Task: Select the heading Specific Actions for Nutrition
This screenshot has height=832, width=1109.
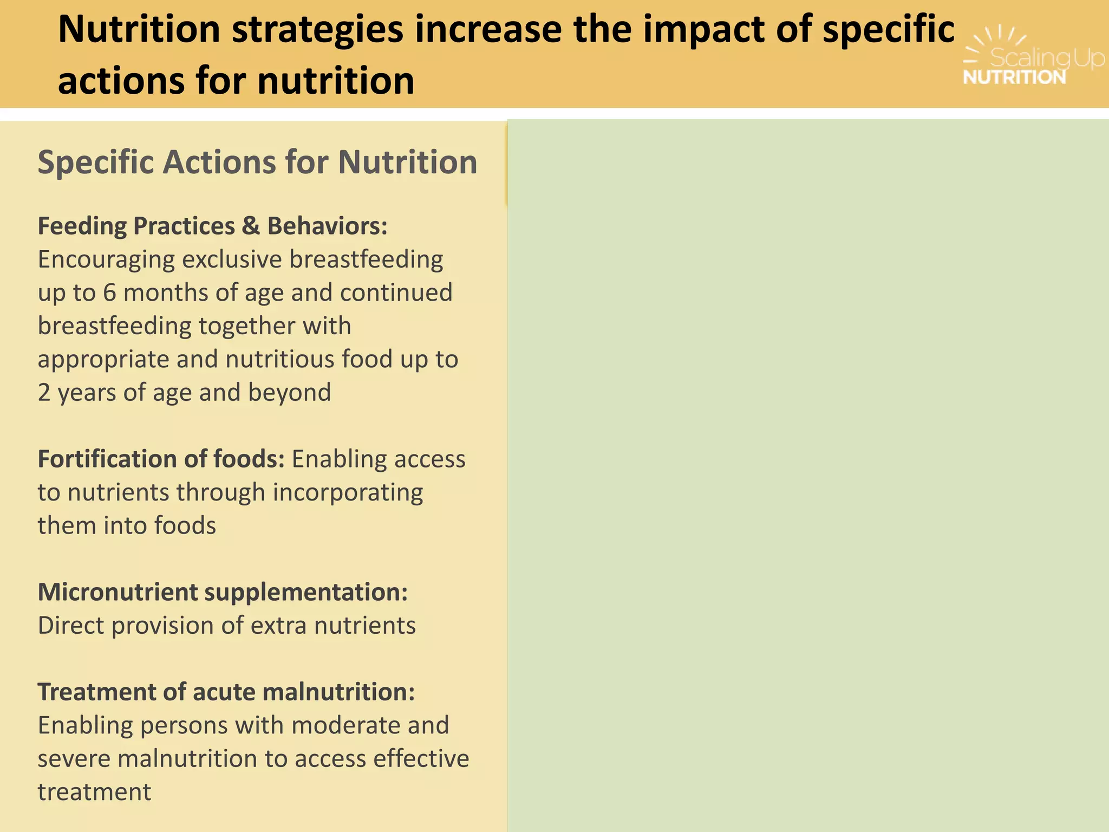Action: (257, 162)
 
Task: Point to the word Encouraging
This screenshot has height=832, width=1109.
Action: (106, 260)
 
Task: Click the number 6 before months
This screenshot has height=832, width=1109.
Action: (109, 293)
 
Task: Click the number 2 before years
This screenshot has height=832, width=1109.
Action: (44, 393)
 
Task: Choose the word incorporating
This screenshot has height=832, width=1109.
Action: (348, 493)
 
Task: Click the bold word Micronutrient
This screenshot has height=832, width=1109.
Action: (118, 592)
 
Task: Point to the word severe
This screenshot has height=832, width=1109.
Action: (73, 759)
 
